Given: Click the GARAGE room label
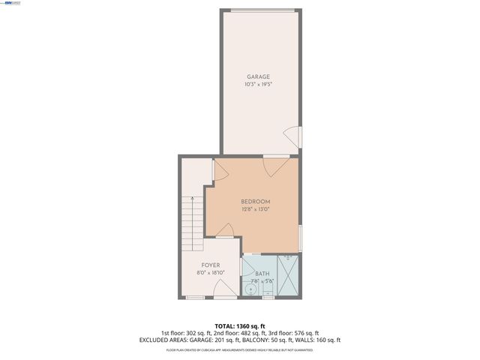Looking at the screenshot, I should [x=259, y=76].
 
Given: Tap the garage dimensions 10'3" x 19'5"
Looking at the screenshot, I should [x=259, y=85].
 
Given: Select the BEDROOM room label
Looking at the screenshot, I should [x=255, y=202].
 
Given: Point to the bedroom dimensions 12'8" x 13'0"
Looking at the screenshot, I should [x=255, y=210].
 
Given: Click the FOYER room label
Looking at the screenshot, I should [x=210, y=265].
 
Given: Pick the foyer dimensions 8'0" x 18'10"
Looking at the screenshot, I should [x=210, y=273].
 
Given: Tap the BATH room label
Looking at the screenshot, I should [x=262, y=274].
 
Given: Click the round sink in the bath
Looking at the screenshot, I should [x=250, y=289].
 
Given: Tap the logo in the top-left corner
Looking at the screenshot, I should [x=12, y=3].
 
